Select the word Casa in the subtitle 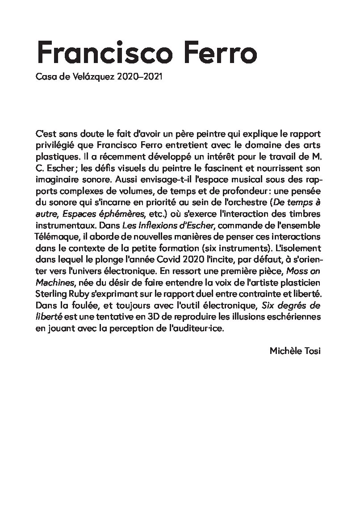click(x=44, y=77)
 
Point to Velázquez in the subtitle click(x=93, y=77)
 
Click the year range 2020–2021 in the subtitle click(x=138, y=77)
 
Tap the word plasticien click(x=303, y=283)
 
